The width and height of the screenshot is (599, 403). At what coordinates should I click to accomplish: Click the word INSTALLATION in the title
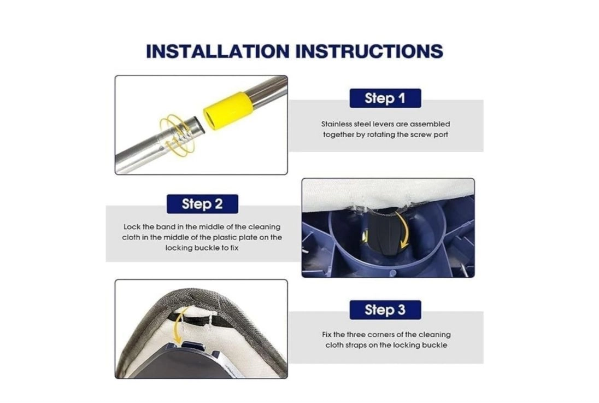coord(218,51)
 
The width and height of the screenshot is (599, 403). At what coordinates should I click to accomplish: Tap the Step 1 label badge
coord(385,98)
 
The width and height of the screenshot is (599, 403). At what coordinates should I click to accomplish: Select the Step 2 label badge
coord(202,204)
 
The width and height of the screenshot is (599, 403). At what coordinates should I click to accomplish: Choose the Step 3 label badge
coord(385,309)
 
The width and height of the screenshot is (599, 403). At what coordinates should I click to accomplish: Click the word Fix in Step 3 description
coord(327,335)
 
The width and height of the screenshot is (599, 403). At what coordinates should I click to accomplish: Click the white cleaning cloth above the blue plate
coord(387,193)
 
